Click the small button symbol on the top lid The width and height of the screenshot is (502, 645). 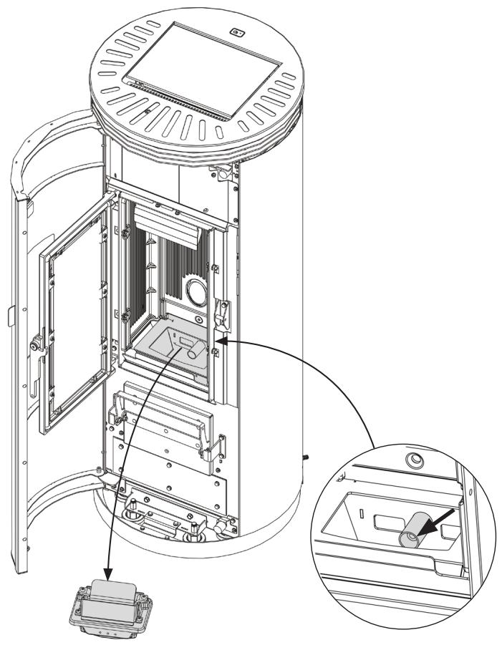(x=238, y=31)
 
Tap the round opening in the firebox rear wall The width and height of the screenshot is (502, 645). (x=196, y=292)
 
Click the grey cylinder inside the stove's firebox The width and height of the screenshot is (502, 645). (x=195, y=349)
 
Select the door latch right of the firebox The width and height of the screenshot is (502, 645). (x=223, y=311)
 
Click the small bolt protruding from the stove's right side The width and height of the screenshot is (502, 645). (x=304, y=456)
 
